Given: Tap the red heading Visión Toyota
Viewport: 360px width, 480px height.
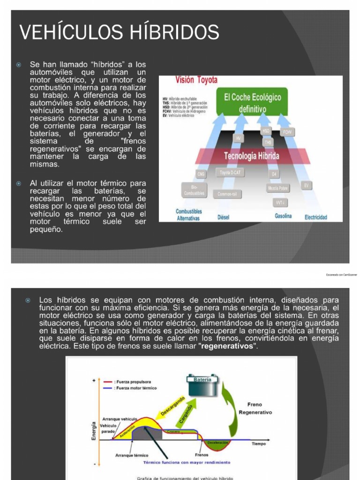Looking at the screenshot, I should pos(196,80).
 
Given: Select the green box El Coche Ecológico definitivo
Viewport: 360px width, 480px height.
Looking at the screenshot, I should pos(252,103).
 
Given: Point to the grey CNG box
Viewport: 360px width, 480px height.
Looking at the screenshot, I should pos(201,174).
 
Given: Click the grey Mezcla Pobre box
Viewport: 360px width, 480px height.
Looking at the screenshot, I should pos(277,188).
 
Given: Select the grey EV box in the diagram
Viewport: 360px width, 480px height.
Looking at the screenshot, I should pos(307,186).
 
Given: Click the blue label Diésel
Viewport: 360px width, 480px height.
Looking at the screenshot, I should pos(223,217).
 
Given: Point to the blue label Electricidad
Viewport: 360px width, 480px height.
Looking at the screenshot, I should pos(316,217).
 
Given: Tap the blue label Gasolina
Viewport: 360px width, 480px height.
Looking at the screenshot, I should pos(283,216).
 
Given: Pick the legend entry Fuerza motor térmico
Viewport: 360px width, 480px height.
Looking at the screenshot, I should pos(135,388).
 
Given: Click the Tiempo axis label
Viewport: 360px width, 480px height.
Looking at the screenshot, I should pos(258,443).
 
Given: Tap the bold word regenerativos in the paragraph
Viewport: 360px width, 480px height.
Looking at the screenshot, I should pos(228,346).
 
